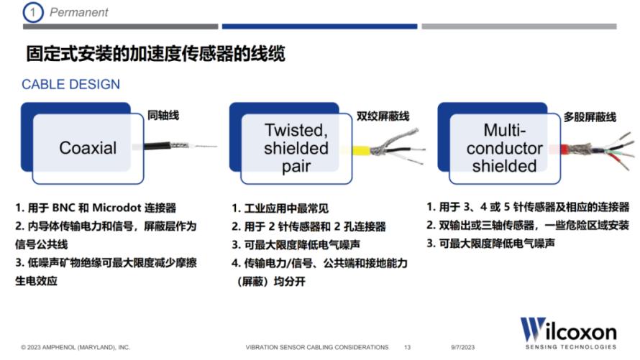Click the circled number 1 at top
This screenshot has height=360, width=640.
coord(33,12)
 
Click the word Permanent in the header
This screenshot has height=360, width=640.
coord(79,12)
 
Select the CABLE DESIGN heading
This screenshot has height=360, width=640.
coord(70,84)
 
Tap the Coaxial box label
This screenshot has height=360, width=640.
coord(88,147)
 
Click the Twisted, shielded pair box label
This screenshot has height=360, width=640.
coord(296,148)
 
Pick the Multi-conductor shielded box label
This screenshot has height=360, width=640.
coord(505,148)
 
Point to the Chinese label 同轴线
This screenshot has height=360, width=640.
coord(163,116)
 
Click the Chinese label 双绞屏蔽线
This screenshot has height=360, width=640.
coord(383,116)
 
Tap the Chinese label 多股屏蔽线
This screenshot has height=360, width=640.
coord(590,117)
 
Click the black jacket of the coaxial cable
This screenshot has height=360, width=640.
coord(157,146)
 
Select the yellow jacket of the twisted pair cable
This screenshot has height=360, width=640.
coord(361,151)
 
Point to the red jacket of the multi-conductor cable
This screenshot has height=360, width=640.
coord(564,149)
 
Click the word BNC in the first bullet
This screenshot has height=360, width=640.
coord(63,208)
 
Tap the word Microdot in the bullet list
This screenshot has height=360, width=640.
coord(116,208)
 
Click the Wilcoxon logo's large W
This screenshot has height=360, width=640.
coord(533,328)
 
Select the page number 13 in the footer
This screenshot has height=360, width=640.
coord(407,347)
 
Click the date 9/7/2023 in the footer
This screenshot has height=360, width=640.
coord(463,347)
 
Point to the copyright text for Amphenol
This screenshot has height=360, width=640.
coord(76,347)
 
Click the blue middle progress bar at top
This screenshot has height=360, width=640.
coord(319,27)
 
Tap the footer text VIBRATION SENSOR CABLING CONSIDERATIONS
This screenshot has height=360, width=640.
coord(317,347)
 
